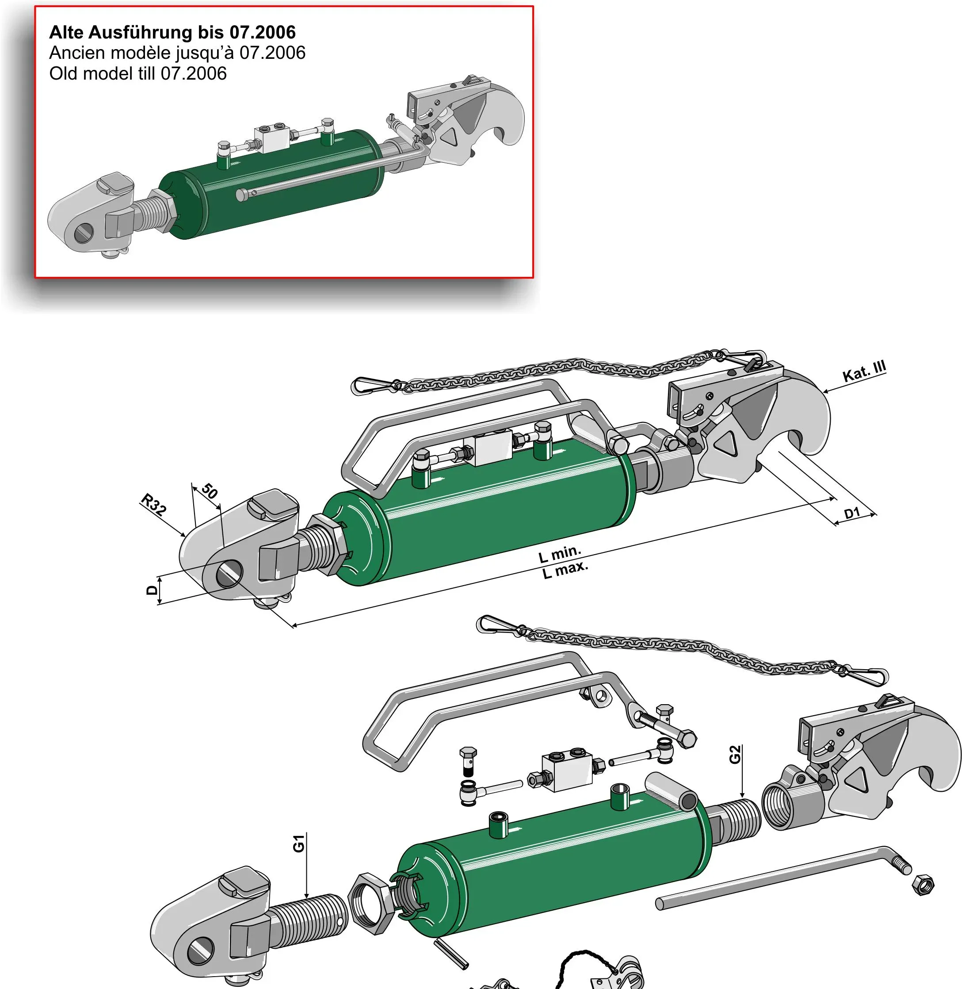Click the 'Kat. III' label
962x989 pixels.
(x=864, y=372)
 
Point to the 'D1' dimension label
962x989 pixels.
(x=852, y=514)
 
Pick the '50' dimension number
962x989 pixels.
(x=210, y=491)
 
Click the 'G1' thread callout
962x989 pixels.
(x=299, y=843)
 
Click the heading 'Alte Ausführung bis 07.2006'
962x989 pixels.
(x=172, y=32)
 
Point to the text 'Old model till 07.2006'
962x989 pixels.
(x=138, y=74)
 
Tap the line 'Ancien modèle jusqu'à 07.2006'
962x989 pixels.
(x=177, y=53)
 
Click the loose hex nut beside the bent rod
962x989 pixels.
(x=923, y=884)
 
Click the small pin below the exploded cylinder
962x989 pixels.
(x=451, y=954)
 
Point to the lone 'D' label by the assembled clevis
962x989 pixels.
(x=152, y=590)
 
